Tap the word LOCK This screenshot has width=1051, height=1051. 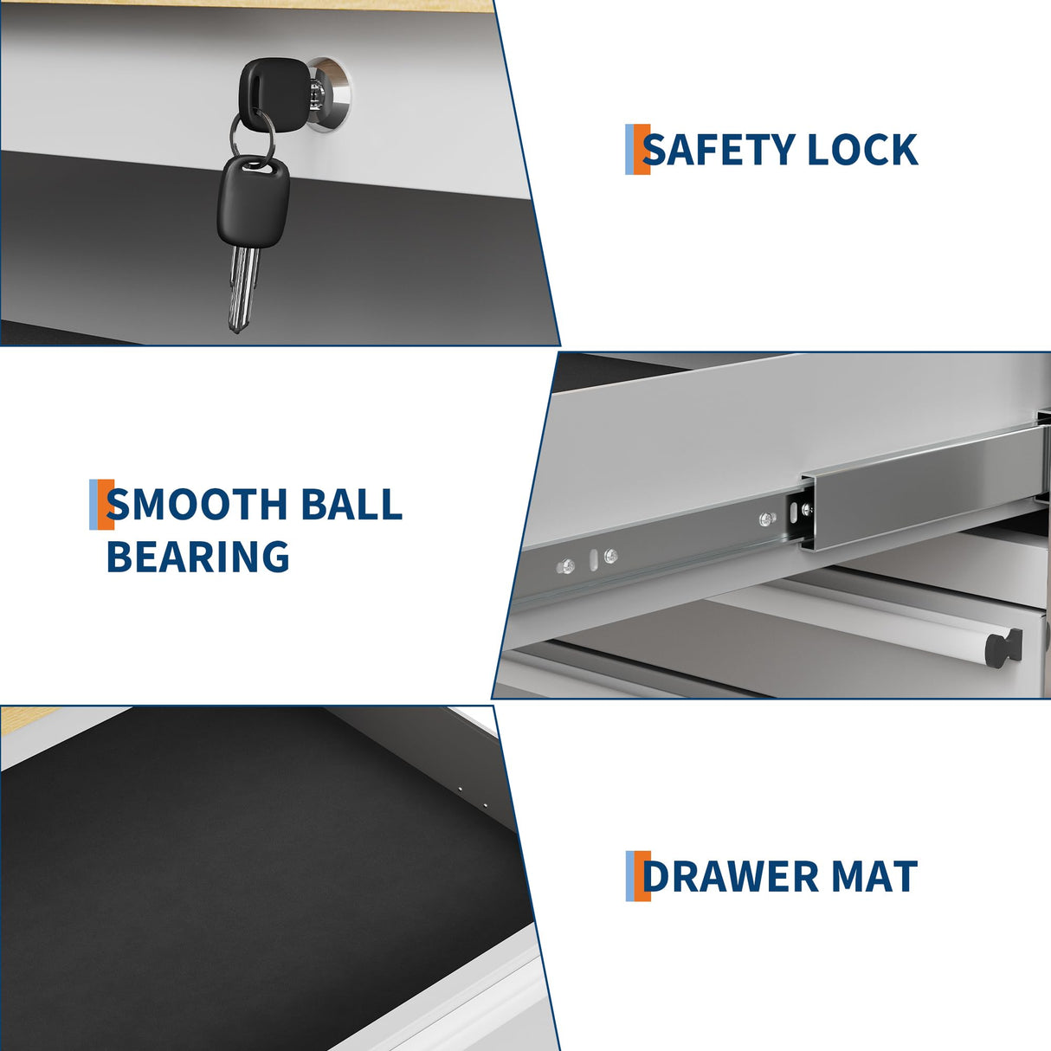[x=862, y=150]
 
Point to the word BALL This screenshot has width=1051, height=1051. [x=351, y=504]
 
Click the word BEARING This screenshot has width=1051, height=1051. [x=197, y=557]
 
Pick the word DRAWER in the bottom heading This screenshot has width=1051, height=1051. [x=731, y=876]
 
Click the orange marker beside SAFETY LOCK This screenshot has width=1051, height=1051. [x=642, y=150]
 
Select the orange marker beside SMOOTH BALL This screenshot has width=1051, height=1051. [x=106, y=504]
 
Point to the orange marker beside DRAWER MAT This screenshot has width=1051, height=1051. [x=642, y=876]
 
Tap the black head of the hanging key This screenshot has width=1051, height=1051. [x=254, y=200]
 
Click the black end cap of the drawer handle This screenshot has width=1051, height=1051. [x=1003, y=646]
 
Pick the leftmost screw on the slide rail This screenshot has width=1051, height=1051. [x=567, y=567]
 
